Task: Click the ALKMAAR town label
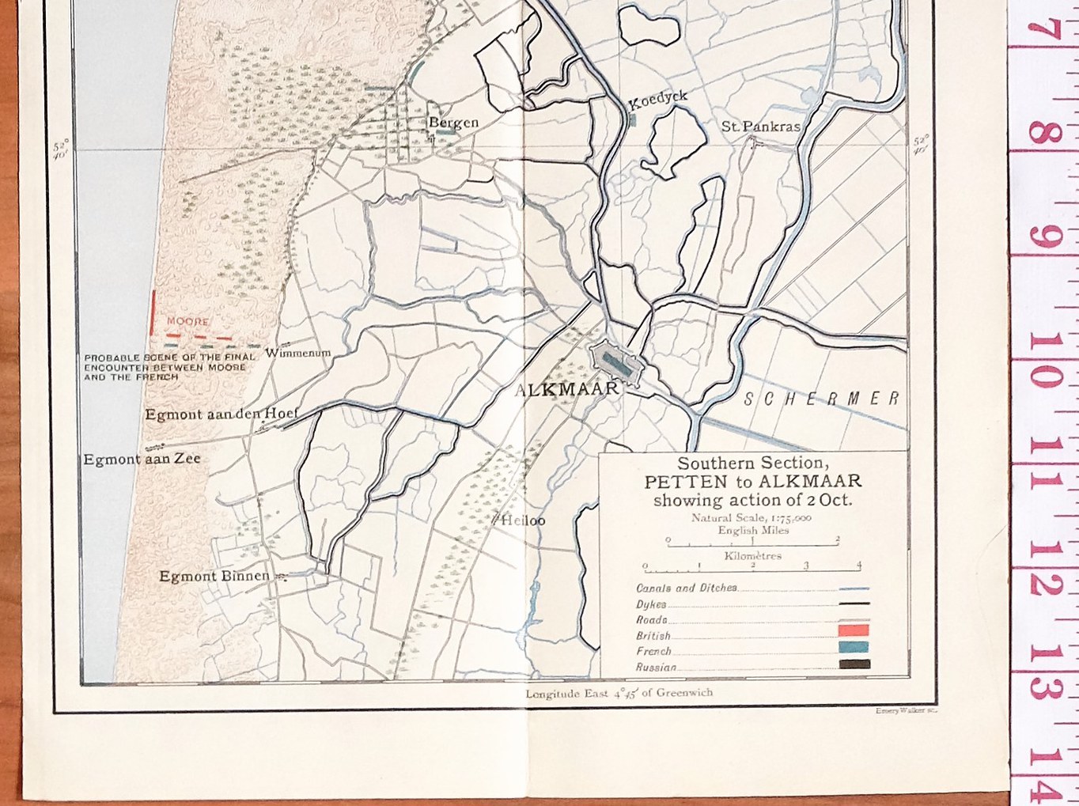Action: [x=566, y=389]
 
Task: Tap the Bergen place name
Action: [x=453, y=123]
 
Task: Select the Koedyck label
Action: [x=657, y=100]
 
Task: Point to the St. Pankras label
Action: [x=760, y=127]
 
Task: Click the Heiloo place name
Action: [x=522, y=520]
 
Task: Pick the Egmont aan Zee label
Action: [x=142, y=459]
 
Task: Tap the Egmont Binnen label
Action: [x=214, y=576]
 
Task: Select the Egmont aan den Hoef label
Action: [x=221, y=414]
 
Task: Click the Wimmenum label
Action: [x=297, y=353]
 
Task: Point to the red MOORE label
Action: [x=187, y=322]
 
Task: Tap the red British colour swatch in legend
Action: [x=854, y=630]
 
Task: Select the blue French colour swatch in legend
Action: [x=854, y=647]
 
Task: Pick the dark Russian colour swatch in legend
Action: [x=854, y=664]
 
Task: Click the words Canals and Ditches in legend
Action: [x=687, y=588]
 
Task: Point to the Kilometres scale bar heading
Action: [x=752, y=556]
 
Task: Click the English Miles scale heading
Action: [x=753, y=531]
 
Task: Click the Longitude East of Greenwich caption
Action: [x=619, y=694]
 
